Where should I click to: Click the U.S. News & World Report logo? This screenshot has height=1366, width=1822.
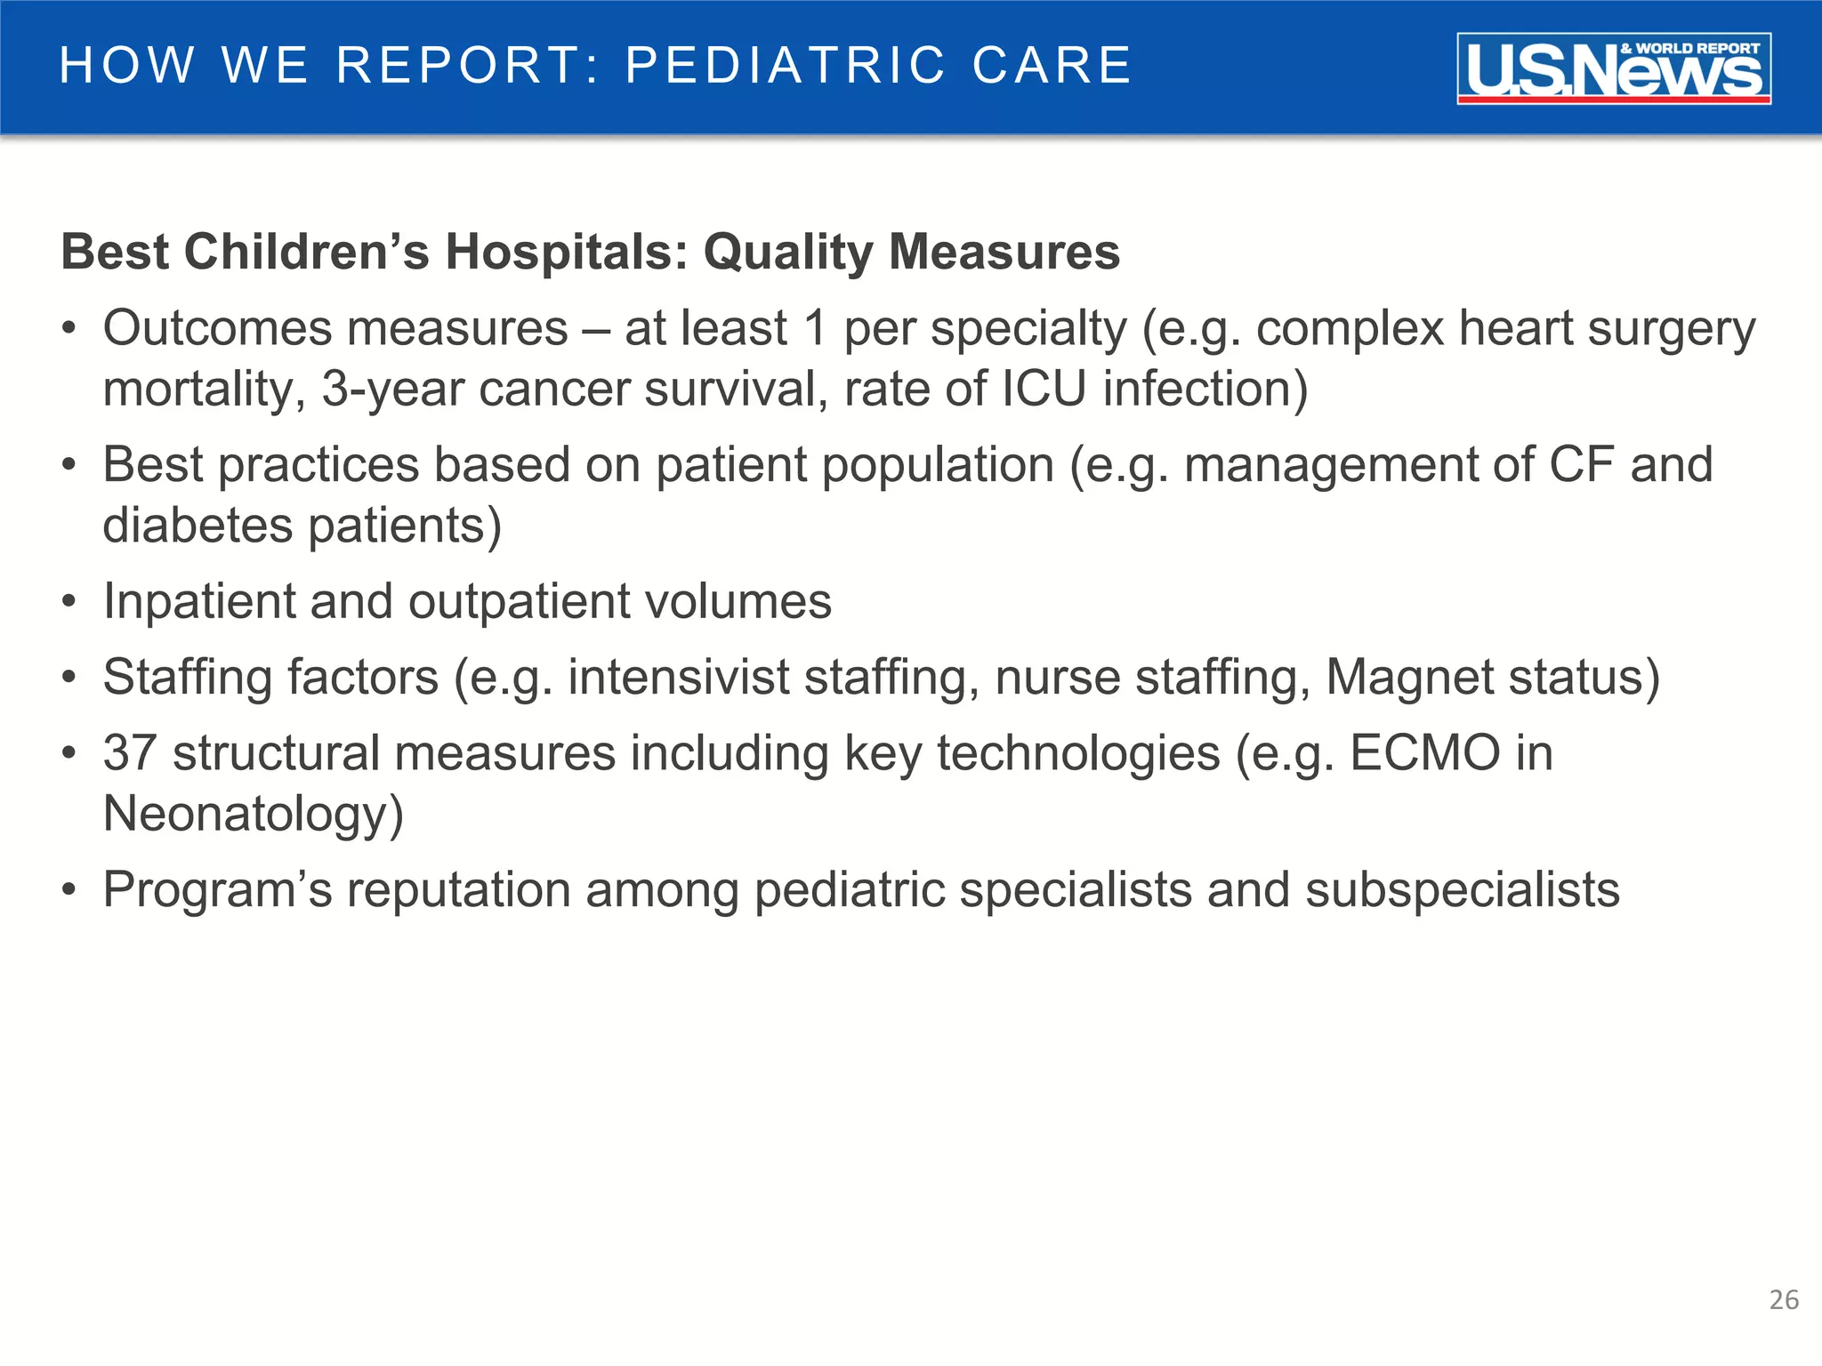(1613, 68)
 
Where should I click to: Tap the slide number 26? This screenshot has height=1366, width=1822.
(1784, 1300)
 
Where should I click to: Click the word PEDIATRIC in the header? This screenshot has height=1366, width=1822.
(786, 65)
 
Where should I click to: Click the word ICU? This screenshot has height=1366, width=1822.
(1044, 389)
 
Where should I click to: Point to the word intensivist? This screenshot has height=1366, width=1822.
(678, 678)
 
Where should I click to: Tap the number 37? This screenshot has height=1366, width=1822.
(130, 753)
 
